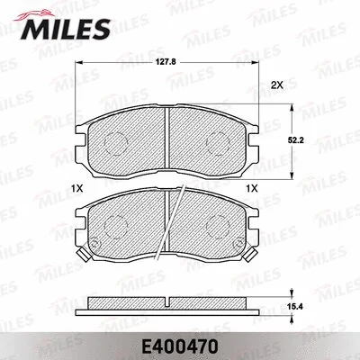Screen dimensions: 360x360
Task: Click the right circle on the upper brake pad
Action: click(219, 141)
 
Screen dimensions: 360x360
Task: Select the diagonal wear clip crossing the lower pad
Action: click(173, 225)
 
